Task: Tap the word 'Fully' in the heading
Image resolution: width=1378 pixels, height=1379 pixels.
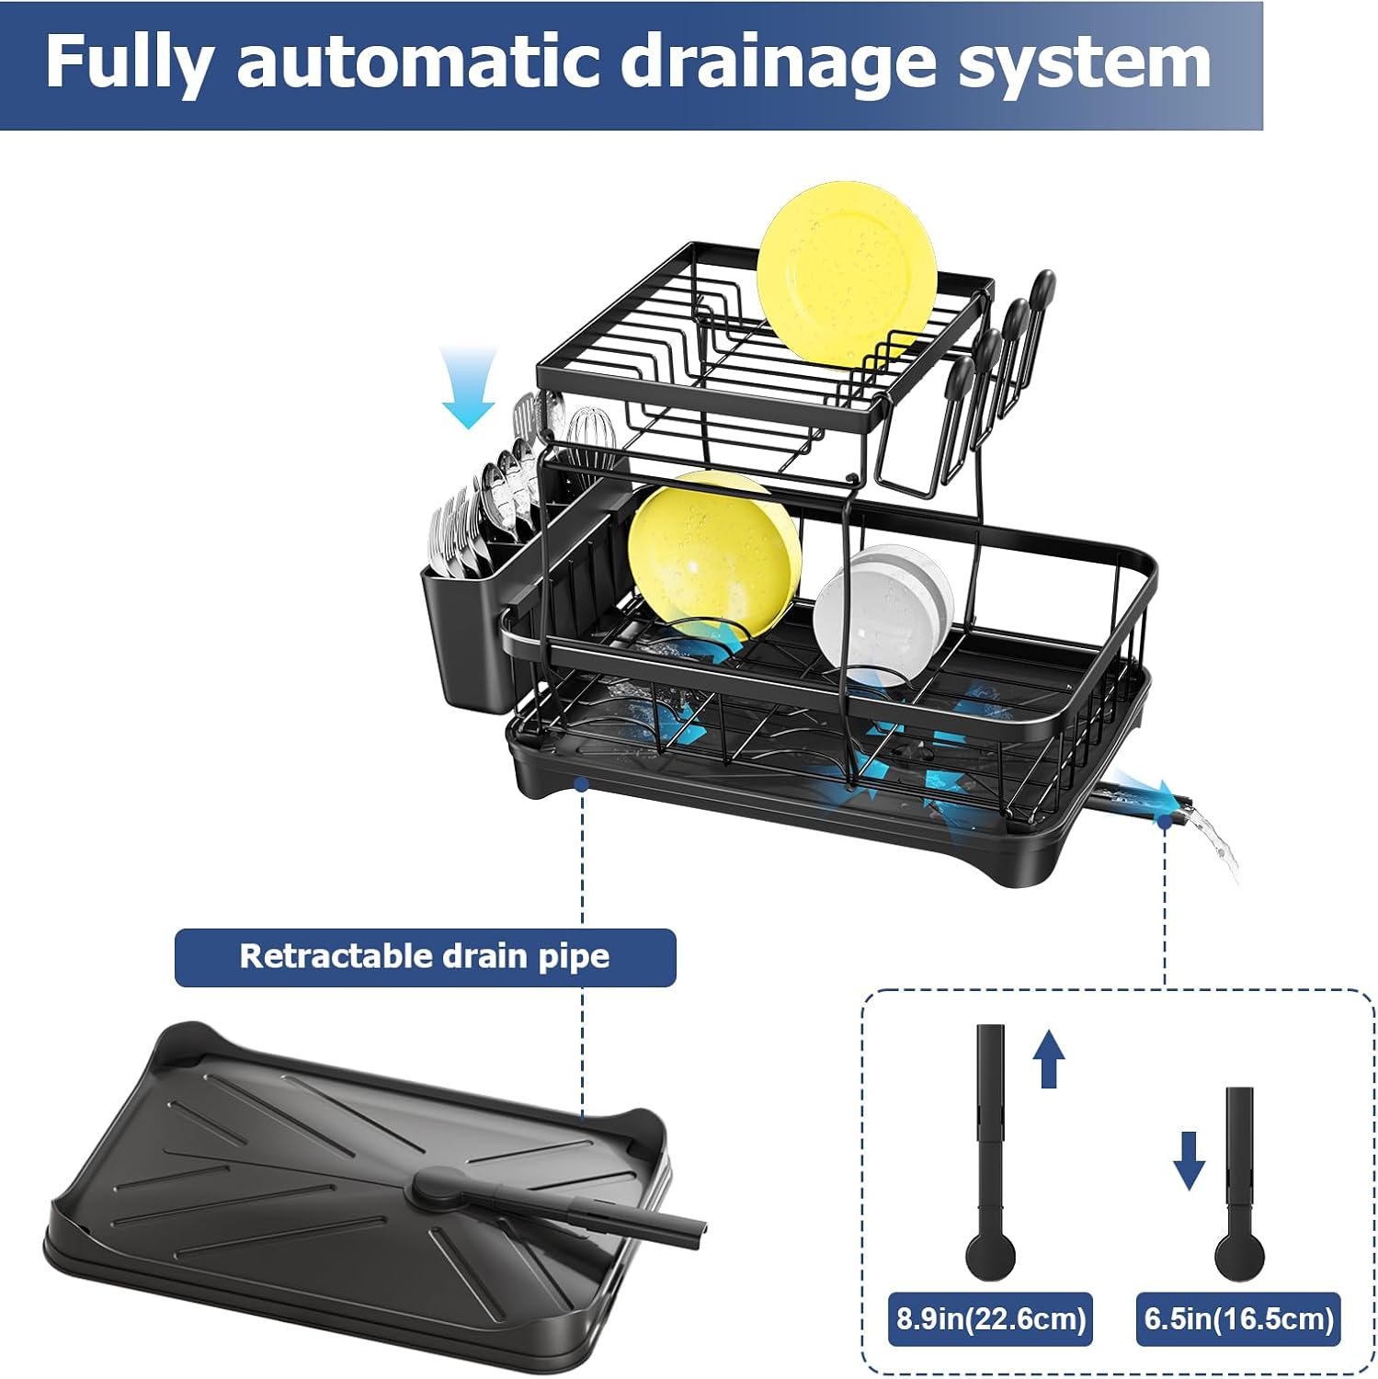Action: pos(129,63)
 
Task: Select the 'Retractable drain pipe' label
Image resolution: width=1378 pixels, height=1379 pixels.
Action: pos(425,957)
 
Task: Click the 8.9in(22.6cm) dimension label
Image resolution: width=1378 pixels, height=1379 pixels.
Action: pos(991,1319)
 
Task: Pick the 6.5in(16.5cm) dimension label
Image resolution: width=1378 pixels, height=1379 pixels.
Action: pos(1238,1319)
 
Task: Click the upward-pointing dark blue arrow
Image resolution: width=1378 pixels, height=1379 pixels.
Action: pos(1049,1058)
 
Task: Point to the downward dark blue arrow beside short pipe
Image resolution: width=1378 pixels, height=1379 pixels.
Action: pos(1189,1160)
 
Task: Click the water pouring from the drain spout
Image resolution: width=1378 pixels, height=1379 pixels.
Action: pos(1218,841)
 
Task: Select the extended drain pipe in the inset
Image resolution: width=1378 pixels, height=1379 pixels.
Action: pos(990,1149)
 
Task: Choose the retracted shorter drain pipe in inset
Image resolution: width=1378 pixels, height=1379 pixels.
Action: pos(1239,1186)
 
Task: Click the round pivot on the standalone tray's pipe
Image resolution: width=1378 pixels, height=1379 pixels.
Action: pos(432,1186)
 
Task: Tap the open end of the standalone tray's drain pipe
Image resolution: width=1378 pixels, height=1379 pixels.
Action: pos(699,1231)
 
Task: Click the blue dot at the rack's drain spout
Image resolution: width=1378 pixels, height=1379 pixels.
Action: pos(1165,822)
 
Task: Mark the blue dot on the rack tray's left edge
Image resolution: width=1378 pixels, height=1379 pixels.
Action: pos(581,783)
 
